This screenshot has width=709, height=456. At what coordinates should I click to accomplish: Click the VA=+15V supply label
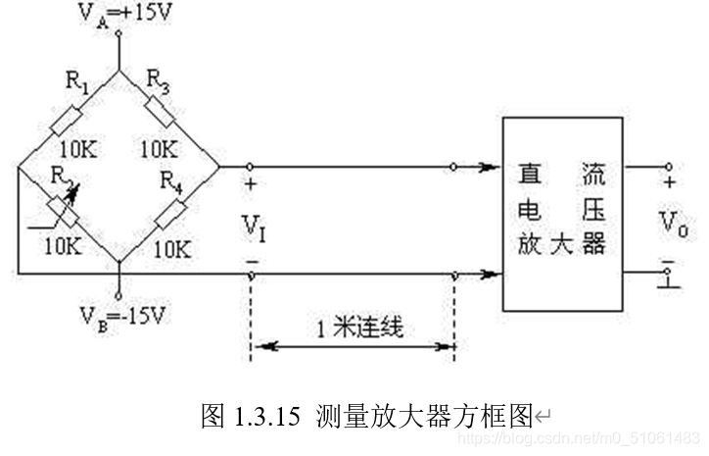(x=118, y=14)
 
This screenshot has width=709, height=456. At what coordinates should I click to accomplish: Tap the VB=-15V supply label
(x=118, y=319)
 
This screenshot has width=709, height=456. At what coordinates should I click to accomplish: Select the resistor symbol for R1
(x=68, y=122)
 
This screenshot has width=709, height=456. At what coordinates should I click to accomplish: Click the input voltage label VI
(x=253, y=228)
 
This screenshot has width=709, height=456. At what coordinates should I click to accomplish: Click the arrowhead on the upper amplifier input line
(x=487, y=168)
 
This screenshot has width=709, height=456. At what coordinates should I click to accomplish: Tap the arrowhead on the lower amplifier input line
(x=487, y=276)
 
